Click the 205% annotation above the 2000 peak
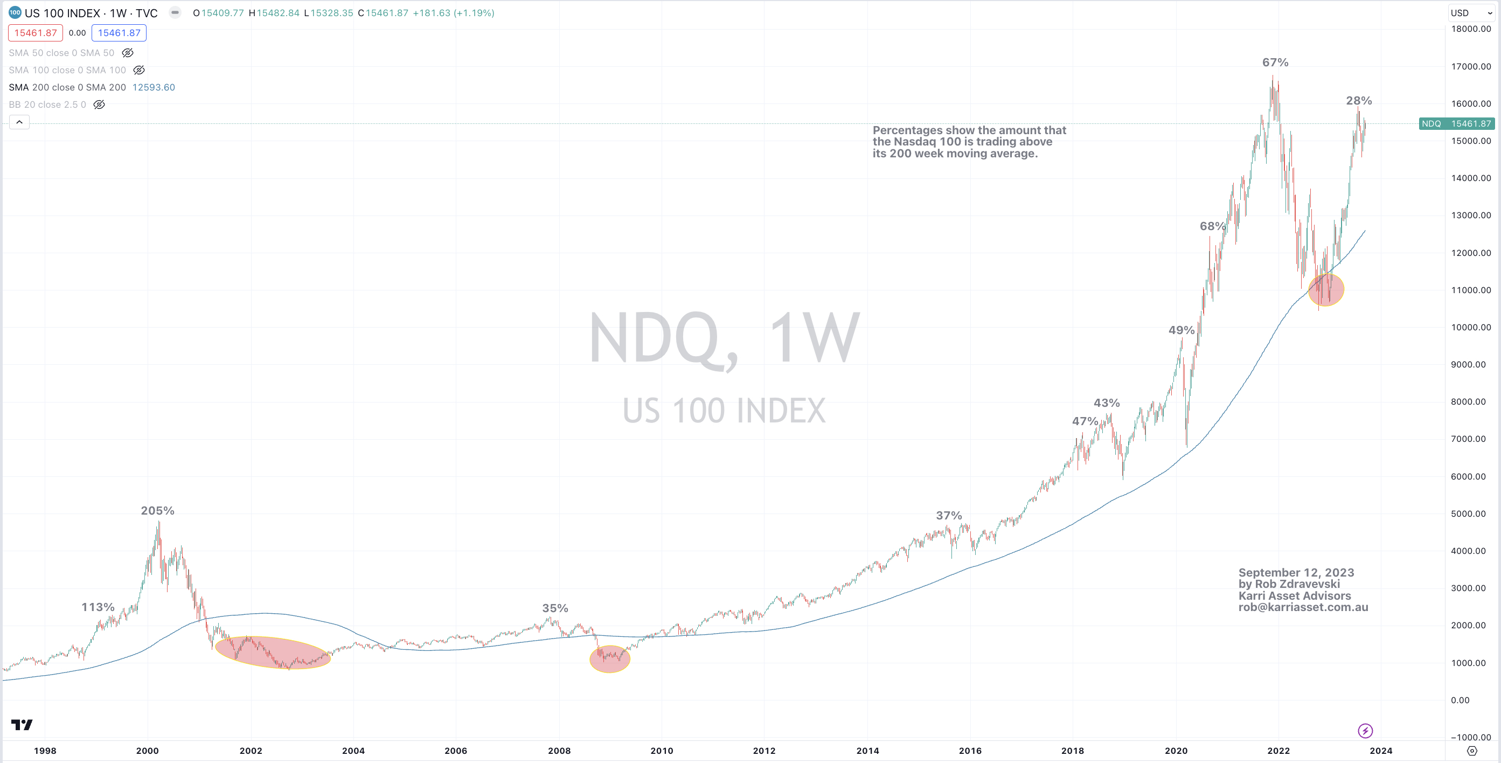tap(157, 511)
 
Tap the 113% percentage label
tap(98, 607)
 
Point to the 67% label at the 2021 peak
tap(1275, 63)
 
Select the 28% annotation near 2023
tap(1358, 101)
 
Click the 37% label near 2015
tap(949, 515)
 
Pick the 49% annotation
tap(1181, 330)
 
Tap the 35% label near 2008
tap(555, 608)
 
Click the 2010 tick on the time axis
tap(662, 751)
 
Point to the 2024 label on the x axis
tap(1380, 751)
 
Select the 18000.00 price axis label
tap(1471, 29)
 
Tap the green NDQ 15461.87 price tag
tap(1455, 123)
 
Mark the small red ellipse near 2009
tap(609, 658)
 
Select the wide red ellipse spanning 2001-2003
tap(273, 652)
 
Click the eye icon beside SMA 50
tap(128, 53)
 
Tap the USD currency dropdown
tap(1471, 13)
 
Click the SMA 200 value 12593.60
tap(153, 87)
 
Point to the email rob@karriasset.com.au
tap(1303, 607)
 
